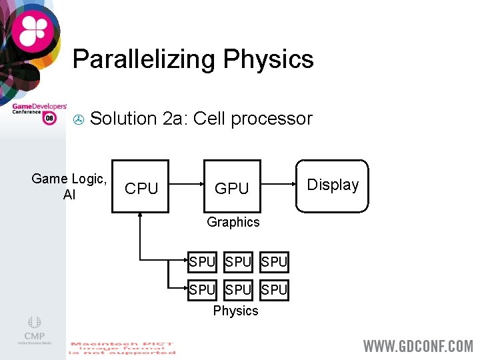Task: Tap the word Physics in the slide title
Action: coord(268,59)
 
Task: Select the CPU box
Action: coord(141,187)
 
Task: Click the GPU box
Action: coord(232,187)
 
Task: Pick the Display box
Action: coord(332,185)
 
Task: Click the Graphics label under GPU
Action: coord(233,222)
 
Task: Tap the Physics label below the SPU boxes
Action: coord(235,311)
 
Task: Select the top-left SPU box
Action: coord(202,262)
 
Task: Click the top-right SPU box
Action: coord(274,262)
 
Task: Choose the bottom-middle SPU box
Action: coord(238,290)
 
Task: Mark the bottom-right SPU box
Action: coord(274,290)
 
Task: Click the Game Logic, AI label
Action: coord(69,186)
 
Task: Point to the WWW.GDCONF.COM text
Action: coord(417,345)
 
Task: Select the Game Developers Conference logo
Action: coord(39,111)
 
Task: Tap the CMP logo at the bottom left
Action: coord(34,329)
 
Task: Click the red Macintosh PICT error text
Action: coord(122,349)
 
